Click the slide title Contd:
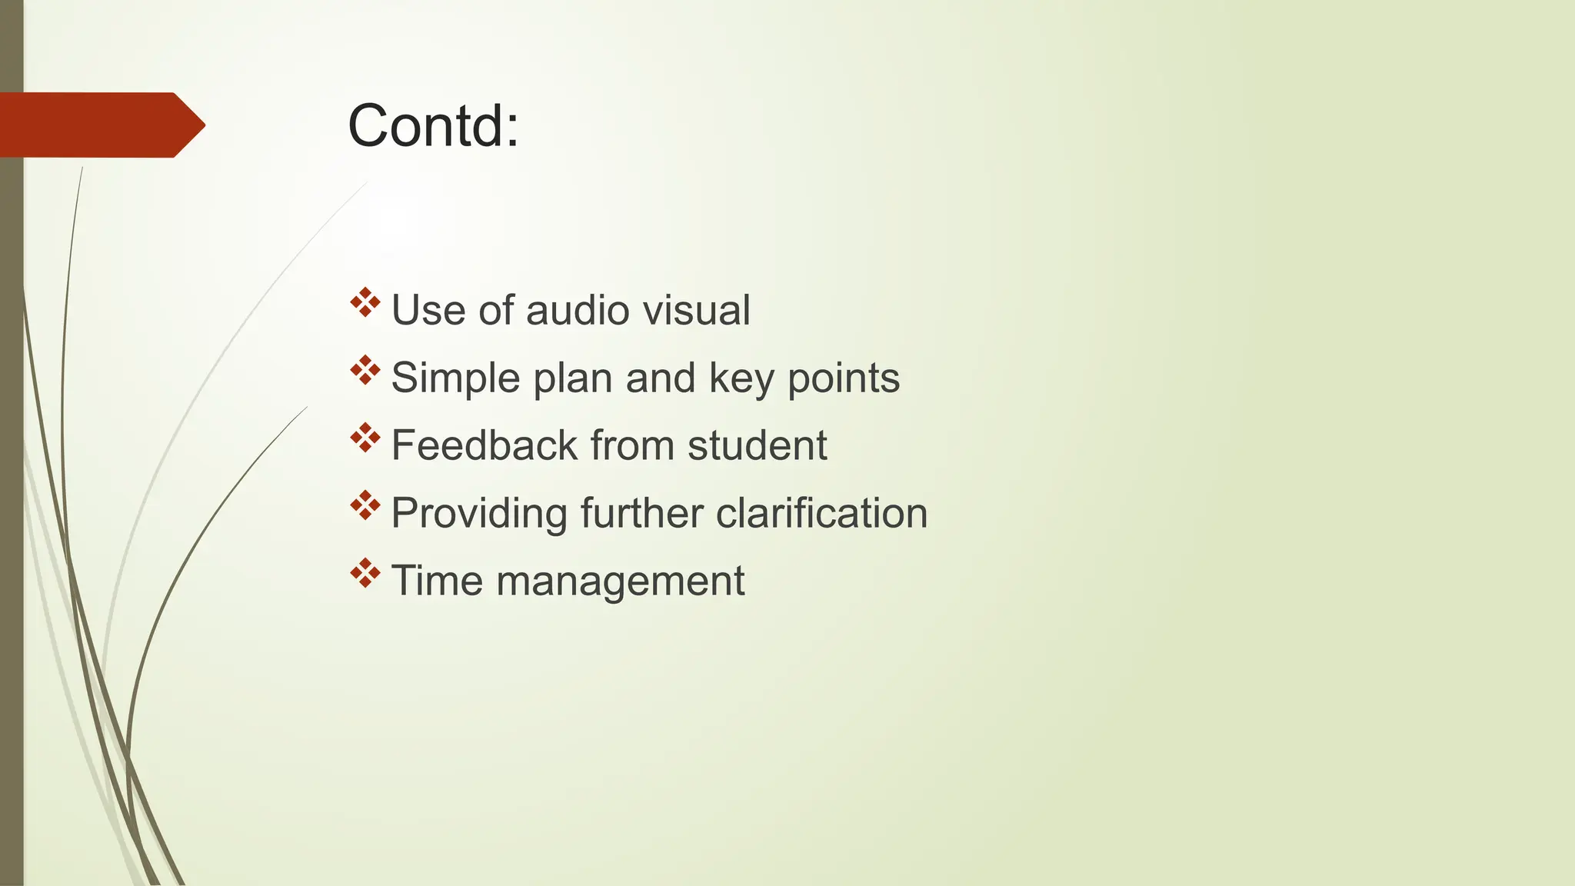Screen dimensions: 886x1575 point(433,125)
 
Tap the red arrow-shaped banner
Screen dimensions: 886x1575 point(100,125)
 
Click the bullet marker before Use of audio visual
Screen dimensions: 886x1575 point(365,302)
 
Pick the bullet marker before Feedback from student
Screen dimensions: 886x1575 point(365,438)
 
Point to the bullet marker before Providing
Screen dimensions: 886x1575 point(365,505)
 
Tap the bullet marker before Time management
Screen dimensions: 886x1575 point(365,573)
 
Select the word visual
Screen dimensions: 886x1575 point(696,310)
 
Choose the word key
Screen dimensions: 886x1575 point(741,378)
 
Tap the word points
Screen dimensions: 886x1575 point(844,378)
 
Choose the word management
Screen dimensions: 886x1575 point(620,581)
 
